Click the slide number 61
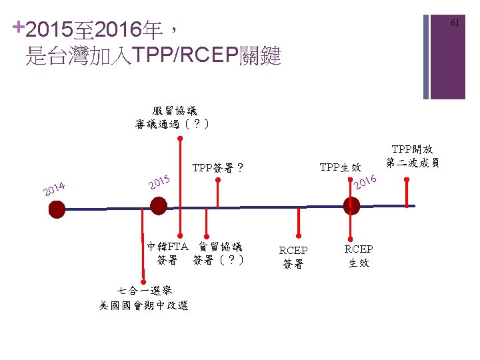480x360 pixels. click(x=455, y=23)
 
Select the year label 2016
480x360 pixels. click(x=366, y=181)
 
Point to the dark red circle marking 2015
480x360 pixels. click(x=159, y=207)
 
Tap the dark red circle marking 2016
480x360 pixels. click(x=351, y=207)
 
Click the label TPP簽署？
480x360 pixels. click(x=217, y=169)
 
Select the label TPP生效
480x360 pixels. click(x=340, y=167)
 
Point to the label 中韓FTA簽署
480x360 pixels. click(x=168, y=253)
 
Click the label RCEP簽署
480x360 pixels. click(x=293, y=257)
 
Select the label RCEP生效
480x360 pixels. click(x=359, y=256)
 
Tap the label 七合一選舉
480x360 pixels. click(x=144, y=291)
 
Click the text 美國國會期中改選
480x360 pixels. click(x=144, y=305)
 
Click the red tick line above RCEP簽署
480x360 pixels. click(x=299, y=219)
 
